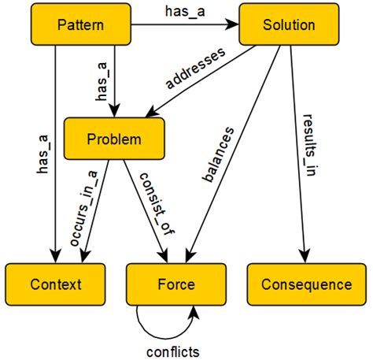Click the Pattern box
pos(81,25)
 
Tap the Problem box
pos(114,139)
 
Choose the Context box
pos(55,284)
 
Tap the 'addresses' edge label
pos(193,69)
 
